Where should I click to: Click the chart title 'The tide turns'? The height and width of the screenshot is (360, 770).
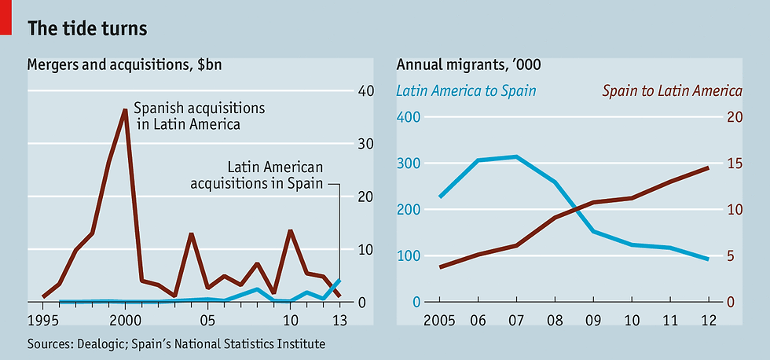point(86,28)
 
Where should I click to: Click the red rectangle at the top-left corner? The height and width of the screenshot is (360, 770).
point(5,17)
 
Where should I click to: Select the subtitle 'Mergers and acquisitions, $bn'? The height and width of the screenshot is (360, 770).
point(124,64)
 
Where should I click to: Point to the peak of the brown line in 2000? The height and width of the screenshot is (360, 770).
point(125,110)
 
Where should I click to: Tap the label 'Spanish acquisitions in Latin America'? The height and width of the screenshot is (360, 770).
point(199,116)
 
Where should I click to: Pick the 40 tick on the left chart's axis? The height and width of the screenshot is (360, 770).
point(365,90)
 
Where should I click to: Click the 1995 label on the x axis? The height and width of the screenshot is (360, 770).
point(43,321)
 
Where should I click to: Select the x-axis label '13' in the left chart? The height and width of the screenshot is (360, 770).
point(339,321)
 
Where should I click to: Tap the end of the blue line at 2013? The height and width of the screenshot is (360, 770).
point(339,280)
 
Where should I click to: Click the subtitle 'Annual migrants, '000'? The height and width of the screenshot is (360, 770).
point(468,64)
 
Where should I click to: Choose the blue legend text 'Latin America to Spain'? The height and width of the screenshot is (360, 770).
point(466,90)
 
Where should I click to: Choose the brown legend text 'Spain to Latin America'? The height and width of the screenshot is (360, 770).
point(672,90)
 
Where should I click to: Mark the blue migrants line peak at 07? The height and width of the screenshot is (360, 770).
point(516,156)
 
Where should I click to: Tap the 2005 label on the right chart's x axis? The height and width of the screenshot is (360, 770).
point(440,321)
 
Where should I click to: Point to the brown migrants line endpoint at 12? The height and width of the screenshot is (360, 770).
point(709,167)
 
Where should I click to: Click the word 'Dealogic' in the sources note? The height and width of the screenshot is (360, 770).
point(101,344)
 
